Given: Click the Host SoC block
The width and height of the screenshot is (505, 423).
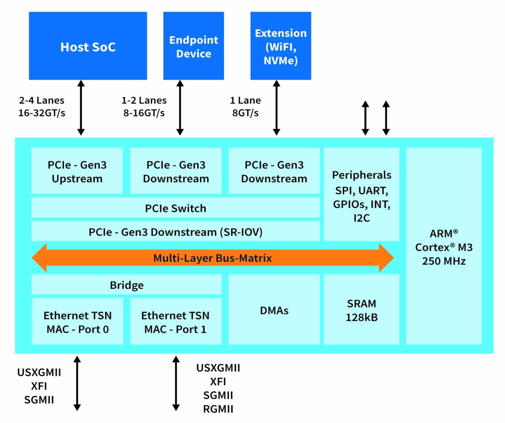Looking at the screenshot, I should (88, 46).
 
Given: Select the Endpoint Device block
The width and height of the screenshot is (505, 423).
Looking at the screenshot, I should (193, 46).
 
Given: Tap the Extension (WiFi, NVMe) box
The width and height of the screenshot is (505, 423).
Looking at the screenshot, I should (280, 46).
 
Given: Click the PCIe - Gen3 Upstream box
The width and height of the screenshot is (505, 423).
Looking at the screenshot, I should (77, 171).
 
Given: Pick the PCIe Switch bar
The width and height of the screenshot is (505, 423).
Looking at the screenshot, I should (175, 208).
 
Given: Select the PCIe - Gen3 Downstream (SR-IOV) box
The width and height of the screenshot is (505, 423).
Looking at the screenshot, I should (175, 232).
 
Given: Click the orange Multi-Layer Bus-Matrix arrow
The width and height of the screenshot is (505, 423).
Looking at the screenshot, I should (212, 258).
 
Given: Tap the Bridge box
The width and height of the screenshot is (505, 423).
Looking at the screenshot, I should (126, 285).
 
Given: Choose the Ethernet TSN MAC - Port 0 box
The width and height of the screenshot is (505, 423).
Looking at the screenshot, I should (77, 322).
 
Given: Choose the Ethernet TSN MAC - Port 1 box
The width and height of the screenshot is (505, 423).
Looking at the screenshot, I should (175, 322).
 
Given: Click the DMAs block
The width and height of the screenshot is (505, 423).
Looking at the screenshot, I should (274, 310).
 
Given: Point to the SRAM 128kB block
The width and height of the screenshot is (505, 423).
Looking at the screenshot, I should (361, 310).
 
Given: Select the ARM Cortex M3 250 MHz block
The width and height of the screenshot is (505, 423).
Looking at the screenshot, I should (444, 247).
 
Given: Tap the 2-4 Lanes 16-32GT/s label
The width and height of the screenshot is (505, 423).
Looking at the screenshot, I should (41, 106).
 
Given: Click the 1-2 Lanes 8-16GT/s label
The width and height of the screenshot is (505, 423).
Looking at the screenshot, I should (144, 106).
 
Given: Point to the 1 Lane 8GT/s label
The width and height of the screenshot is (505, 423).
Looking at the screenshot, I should (245, 106).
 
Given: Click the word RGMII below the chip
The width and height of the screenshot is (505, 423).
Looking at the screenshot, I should (218, 409).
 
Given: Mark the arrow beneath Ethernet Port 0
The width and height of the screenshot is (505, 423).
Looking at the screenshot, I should (77, 383).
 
